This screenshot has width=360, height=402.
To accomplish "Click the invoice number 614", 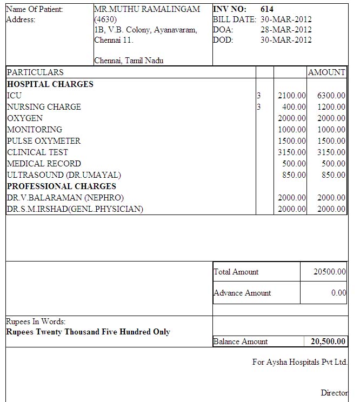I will click(267, 9).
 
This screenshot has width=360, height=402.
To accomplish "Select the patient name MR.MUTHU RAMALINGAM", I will click(147, 9).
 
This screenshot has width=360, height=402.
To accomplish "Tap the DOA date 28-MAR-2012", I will click(286, 30).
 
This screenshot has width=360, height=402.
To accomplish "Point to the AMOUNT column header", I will click(326, 72).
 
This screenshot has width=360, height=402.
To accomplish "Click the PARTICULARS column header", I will click(35, 72).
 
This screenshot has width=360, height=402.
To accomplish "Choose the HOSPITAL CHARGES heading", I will click(50, 84).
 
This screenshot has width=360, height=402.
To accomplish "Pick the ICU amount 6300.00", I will click(331, 96).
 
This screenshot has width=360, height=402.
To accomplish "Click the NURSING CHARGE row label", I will click(44, 107).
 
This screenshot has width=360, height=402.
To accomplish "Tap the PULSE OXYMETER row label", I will click(44, 141).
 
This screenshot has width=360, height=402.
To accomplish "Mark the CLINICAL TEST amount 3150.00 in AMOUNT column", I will click(331, 152).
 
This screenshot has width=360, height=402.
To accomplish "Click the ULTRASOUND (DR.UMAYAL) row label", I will click(64, 175).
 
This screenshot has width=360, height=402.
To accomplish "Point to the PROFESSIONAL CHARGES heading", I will click(62, 186).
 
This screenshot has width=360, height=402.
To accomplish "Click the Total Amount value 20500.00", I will click(330, 272).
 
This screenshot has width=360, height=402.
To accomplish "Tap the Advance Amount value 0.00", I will click(339, 293).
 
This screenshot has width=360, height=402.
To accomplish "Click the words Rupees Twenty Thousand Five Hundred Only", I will click(88, 332).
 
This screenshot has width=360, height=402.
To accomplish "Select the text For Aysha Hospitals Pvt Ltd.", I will click(300, 362).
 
